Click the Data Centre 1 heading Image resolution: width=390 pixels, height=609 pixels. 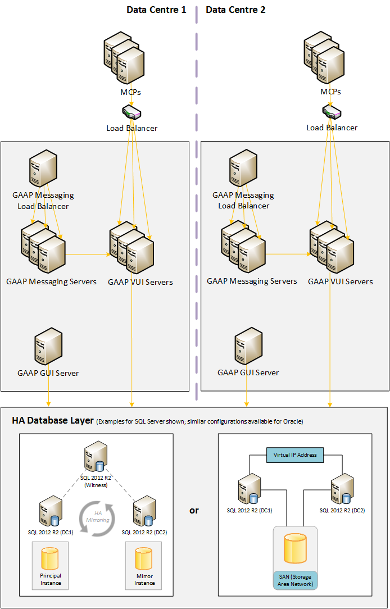pyautogui.click(x=156, y=10)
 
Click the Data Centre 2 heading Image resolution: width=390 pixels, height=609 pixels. pyautogui.click(x=236, y=10)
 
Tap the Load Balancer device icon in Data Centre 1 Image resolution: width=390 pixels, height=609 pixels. pyautogui.click(x=131, y=113)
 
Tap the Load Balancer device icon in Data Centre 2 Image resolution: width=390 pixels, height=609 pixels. pyautogui.click(x=332, y=113)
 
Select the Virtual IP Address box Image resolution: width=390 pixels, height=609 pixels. pyautogui.click(x=295, y=455)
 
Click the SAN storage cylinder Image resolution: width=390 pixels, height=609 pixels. pyautogui.click(x=295, y=549)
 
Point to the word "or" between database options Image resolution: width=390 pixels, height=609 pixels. pyautogui.click(x=194, y=511)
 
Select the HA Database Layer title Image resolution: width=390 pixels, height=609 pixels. pyautogui.click(x=53, y=420)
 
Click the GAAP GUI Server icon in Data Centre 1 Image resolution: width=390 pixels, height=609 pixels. pyautogui.click(x=48, y=347)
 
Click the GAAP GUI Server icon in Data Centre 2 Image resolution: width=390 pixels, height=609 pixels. pyautogui.click(x=248, y=347)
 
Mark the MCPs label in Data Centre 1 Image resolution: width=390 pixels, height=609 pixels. pyautogui.click(x=131, y=92)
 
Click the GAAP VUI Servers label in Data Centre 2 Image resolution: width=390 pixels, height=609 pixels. pyautogui.click(x=340, y=281)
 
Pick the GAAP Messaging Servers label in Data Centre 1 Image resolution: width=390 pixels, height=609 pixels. pyautogui.click(x=52, y=281)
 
